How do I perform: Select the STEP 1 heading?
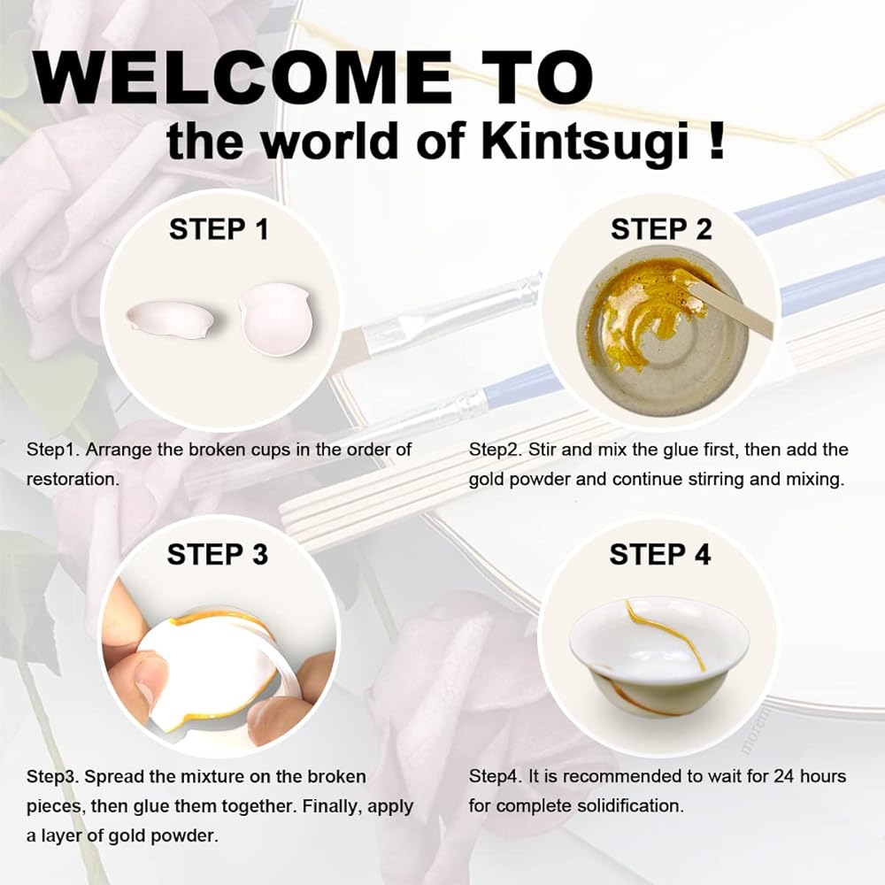(219, 230)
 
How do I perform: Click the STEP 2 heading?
(661, 230)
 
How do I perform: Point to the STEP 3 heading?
(218, 554)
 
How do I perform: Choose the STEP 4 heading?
(660, 554)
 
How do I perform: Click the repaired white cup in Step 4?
(659, 655)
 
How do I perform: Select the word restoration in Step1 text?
(73, 479)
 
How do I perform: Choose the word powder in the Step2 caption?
(544, 480)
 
